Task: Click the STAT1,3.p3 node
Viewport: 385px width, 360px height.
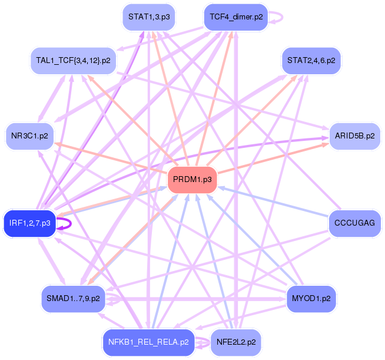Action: [149, 18]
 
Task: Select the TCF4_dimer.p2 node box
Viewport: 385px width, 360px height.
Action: [235, 18]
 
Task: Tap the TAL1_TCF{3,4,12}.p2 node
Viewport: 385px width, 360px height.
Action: [72, 60]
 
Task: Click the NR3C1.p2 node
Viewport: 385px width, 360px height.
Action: [29, 136]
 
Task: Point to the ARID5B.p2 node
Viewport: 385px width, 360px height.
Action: [354, 136]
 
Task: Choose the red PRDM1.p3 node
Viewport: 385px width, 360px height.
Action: [192, 180]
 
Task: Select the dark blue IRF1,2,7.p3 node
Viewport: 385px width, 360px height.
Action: [29, 223]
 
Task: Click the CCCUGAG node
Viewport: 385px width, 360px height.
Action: [354, 223]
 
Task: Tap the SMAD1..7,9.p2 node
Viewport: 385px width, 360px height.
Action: [72, 299]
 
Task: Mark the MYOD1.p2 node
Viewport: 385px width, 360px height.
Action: [311, 299]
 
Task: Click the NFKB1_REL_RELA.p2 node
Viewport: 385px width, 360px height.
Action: [149, 342]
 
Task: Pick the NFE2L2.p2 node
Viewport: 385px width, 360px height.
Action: [235, 342]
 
